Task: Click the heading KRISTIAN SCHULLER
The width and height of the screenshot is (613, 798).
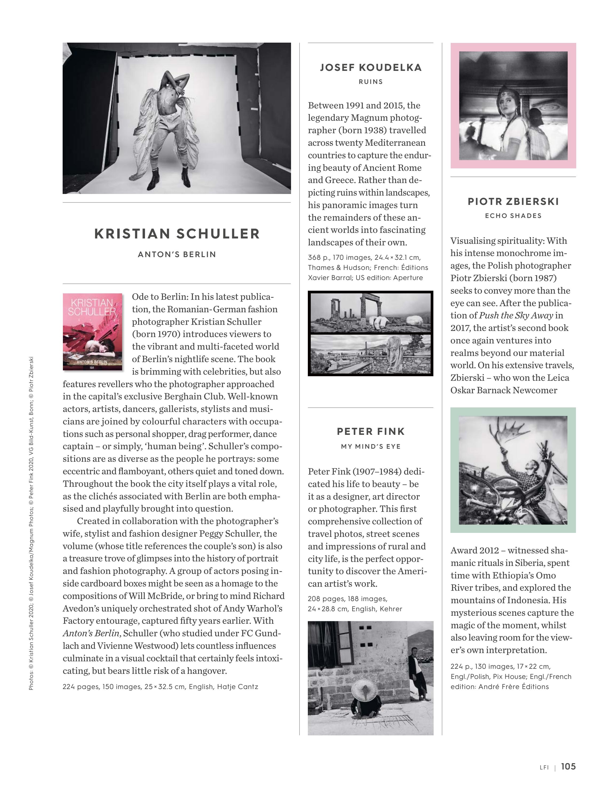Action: click(177, 234)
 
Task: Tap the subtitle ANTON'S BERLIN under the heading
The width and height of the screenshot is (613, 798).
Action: click(177, 254)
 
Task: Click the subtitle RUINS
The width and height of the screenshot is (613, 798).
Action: click(370, 82)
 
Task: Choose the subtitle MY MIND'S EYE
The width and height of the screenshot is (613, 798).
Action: click(370, 446)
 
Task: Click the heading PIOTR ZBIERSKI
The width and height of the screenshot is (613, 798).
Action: click(513, 201)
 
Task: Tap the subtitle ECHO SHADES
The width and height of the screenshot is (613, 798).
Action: click(513, 216)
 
